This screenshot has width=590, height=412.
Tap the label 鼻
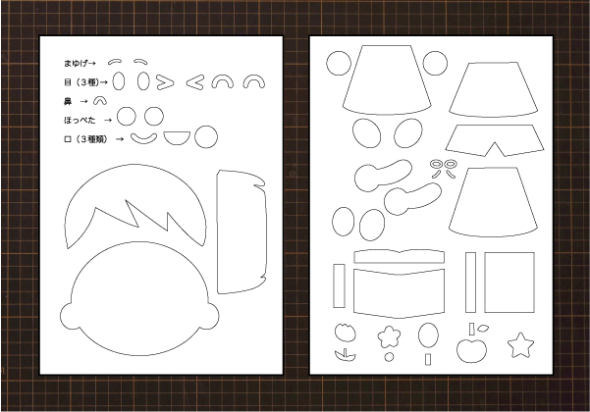[68, 101]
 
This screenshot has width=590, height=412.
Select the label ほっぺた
[80, 121]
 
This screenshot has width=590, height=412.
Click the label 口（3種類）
[85, 139]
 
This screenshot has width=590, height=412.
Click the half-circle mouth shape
[177, 137]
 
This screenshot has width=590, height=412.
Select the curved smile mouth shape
[143, 139]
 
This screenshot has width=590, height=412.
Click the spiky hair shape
[135, 207]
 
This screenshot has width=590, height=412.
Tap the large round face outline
[139, 299]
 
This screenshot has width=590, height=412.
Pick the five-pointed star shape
[520, 345]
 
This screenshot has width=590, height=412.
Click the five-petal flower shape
[389, 336]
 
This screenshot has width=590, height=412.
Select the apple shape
[471, 350]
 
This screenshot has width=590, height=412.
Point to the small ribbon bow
[444, 169]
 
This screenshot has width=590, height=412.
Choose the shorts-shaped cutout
[495, 140]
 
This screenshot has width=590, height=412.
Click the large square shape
[510, 283]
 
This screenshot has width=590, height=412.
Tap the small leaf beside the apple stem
[483, 329]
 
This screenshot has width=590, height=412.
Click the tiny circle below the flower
[389, 357]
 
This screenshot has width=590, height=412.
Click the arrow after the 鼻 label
[84, 101]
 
